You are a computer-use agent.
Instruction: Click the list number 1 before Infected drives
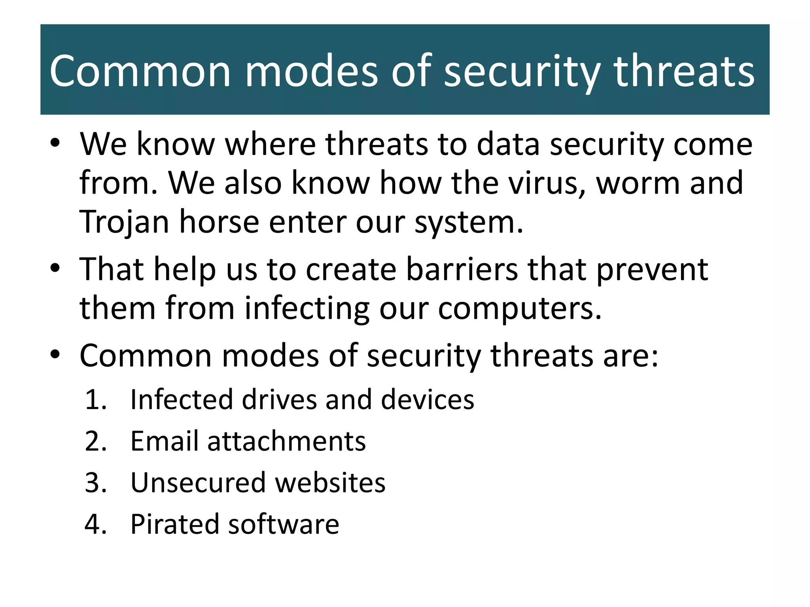click(x=95, y=400)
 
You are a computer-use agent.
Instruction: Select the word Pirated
click(x=174, y=525)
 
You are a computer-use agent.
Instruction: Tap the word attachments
click(x=287, y=441)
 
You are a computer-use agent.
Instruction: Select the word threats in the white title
click(x=684, y=71)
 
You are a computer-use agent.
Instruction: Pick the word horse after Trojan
click(x=219, y=222)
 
